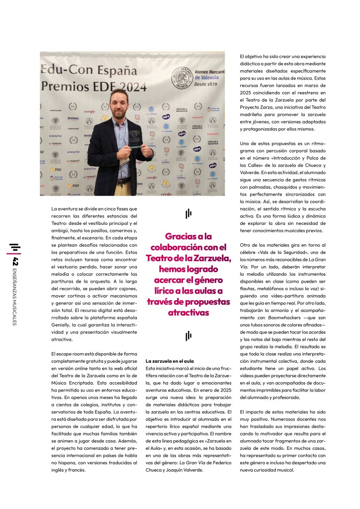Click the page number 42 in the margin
tap(16, 262)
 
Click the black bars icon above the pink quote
tap(188, 214)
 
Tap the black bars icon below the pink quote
tap(188, 336)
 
